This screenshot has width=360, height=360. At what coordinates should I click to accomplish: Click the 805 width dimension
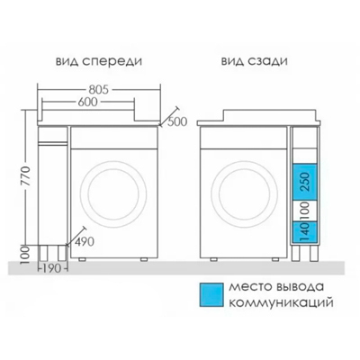[98, 90]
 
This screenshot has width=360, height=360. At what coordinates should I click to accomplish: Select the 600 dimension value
[87, 103]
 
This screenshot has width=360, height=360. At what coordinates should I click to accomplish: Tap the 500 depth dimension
[177, 121]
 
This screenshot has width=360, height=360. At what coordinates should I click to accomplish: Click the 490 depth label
[85, 242]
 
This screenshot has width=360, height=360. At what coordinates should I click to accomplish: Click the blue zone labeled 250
[305, 182]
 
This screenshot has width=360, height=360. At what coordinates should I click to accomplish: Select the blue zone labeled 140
[305, 231]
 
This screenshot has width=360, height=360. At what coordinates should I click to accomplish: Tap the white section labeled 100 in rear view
[305, 211]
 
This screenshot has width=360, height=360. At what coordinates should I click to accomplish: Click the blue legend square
[211, 295]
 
